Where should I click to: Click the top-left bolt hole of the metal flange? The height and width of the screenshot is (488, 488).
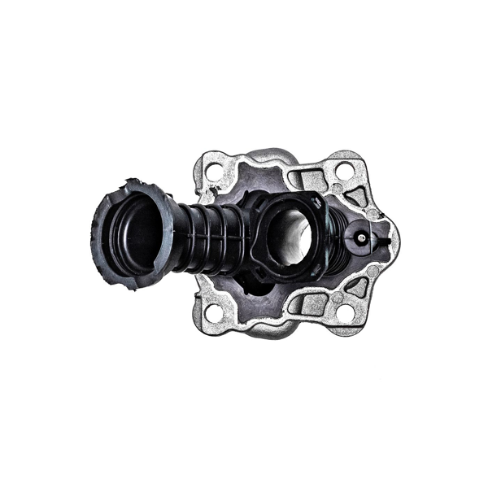click(x=215, y=172)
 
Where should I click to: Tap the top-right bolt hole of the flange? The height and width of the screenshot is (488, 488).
click(x=344, y=170)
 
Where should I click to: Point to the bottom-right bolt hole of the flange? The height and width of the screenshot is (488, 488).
click(x=344, y=312)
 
